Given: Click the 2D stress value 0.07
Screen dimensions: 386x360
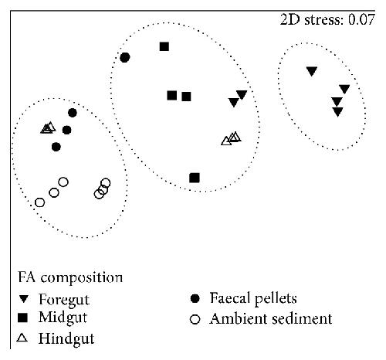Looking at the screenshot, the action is [361, 19].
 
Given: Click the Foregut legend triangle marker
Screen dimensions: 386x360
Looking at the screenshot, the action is [24, 299].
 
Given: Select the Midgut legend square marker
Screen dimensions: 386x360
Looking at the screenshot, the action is [22, 318].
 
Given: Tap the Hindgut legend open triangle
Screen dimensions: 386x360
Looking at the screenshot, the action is [22, 338].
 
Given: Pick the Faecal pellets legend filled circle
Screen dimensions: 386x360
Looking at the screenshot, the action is [195, 298].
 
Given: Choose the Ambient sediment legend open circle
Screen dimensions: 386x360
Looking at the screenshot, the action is [195, 319].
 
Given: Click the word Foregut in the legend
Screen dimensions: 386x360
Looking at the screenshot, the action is [64, 300].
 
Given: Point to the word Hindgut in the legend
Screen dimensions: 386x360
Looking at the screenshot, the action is [66, 338].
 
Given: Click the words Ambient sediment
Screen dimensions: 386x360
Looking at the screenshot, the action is [271, 319].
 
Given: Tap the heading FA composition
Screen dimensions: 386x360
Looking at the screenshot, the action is [70, 278].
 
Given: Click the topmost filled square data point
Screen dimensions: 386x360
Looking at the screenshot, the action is [164, 46].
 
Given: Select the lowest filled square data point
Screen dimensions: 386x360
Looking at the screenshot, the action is [195, 178].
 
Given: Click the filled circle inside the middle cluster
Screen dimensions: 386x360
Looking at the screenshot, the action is [125, 57].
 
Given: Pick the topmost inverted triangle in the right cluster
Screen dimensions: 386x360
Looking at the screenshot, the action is [312, 71].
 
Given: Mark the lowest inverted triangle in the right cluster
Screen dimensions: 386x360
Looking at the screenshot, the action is [337, 112].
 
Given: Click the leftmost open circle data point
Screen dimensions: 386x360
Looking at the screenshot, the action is [39, 202].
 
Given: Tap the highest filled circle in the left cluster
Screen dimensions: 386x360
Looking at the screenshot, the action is [73, 113].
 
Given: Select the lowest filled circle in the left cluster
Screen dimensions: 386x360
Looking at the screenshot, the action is [56, 147].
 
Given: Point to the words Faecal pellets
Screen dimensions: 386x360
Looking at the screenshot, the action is [253, 299].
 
